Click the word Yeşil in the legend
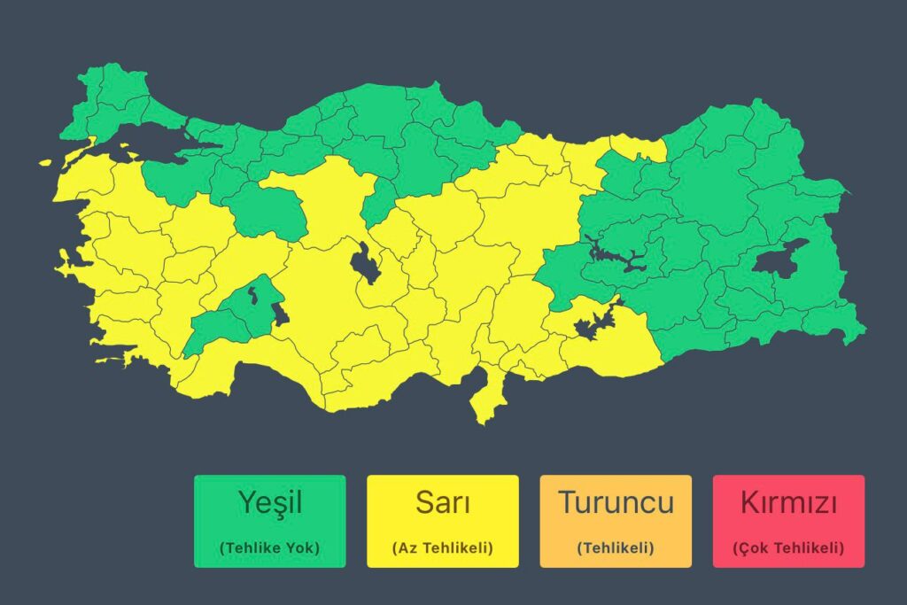click(270, 502)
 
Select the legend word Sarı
click(442, 502)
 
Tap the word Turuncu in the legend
click(616, 502)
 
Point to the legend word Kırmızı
click(788, 502)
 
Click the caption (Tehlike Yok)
click(270, 548)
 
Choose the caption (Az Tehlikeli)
click(442, 548)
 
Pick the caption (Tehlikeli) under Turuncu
click(616, 548)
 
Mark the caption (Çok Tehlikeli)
click(788, 548)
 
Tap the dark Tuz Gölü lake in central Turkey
click(364, 263)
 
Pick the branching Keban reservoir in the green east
click(620, 258)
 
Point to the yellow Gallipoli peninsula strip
click(78, 151)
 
